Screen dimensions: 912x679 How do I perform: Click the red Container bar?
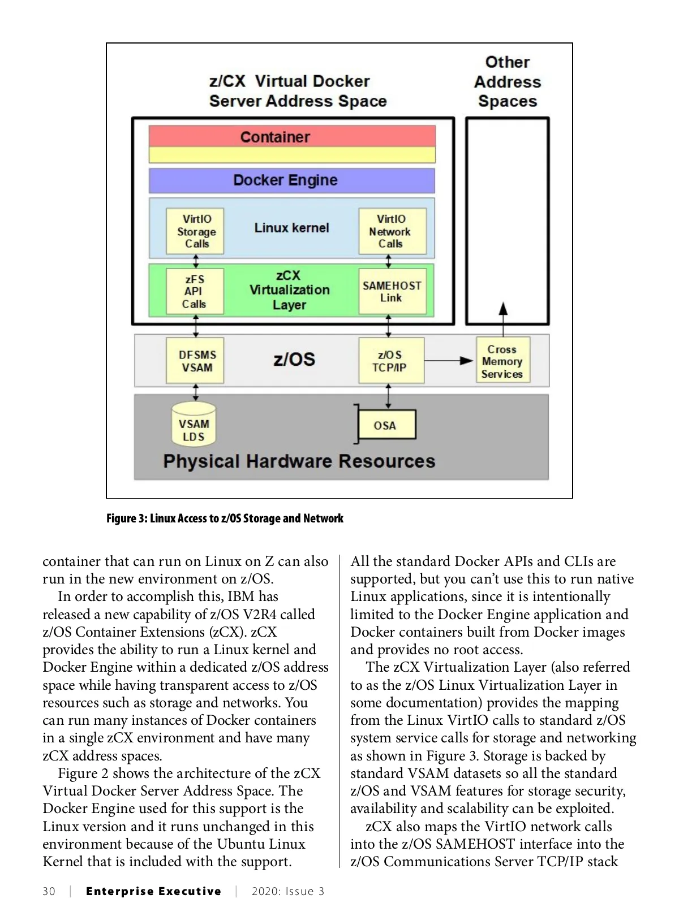[292, 136]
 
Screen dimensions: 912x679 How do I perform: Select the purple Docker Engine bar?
[292, 180]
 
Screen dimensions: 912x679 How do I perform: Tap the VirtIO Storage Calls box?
[195, 231]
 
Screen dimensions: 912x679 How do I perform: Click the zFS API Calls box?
[195, 292]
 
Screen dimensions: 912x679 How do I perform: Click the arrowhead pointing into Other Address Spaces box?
[503, 309]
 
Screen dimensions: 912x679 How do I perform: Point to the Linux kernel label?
[291, 228]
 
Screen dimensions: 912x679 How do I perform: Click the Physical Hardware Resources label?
[299, 461]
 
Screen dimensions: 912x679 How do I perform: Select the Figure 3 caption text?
[225, 518]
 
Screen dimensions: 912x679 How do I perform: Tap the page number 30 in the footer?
[49, 892]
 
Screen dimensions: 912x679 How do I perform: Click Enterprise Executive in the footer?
[153, 892]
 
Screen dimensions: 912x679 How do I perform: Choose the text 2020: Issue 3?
[288, 892]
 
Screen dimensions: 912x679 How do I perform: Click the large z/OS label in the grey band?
[294, 360]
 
